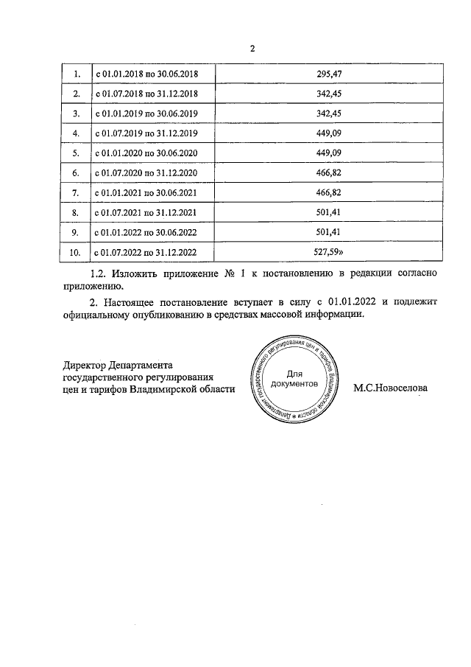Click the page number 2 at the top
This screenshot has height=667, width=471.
[252, 49]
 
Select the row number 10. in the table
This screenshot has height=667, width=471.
[74, 252]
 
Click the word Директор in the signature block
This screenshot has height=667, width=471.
[85, 364]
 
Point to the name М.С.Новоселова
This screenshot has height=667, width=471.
[390, 388]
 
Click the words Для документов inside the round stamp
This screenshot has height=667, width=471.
[294, 380]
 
